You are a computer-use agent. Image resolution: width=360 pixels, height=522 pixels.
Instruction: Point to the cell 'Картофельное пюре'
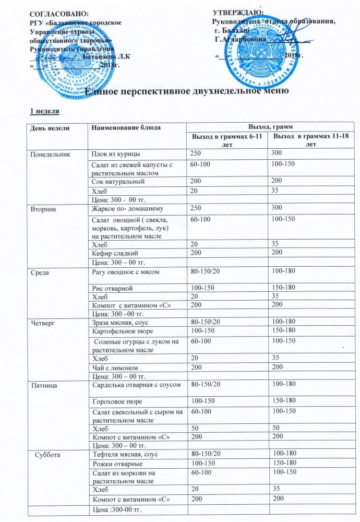click(121, 331)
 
